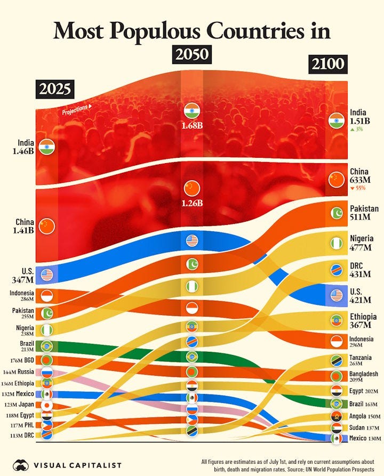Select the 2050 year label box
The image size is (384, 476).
pos(191,55)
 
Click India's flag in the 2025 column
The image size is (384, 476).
pos(46,147)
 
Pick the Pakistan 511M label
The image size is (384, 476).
pos(363,212)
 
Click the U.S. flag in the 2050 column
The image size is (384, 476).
pos(191,241)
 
